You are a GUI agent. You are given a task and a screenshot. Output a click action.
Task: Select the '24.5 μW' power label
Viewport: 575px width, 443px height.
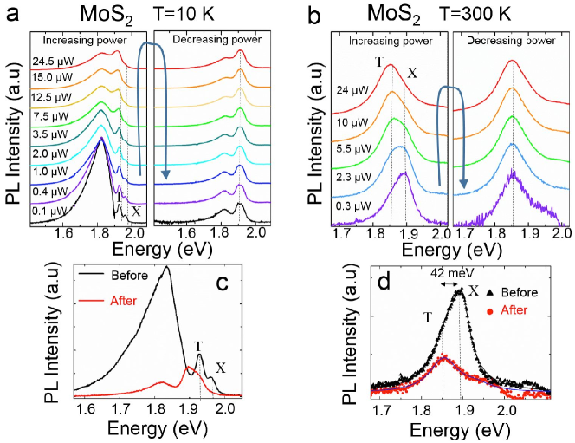pos(50,61)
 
